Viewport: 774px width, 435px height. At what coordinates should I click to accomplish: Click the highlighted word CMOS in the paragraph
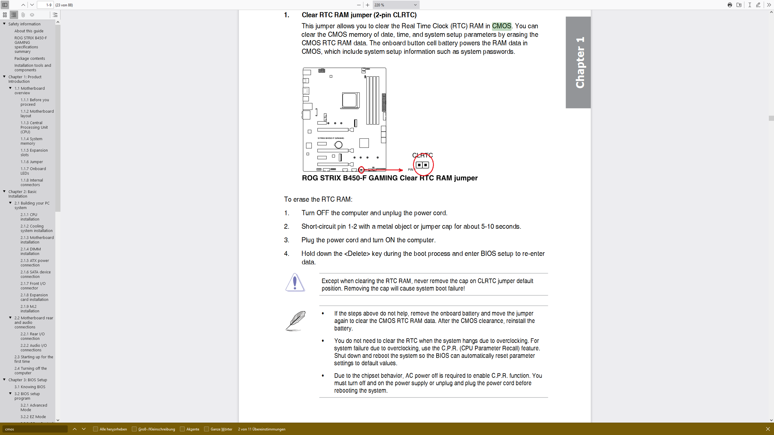pyautogui.click(x=501, y=26)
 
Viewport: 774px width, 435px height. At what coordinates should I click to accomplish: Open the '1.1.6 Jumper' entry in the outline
pyautogui.click(x=32, y=162)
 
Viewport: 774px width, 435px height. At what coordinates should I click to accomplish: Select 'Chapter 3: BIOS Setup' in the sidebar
pyautogui.click(x=28, y=380)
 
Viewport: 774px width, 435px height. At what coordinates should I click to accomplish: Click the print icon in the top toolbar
pyautogui.click(x=730, y=5)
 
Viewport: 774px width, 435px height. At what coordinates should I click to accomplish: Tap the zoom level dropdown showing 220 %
pyautogui.click(x=395, y=5)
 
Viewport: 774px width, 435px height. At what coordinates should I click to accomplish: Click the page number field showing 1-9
pyautogui.click(x=45, y=5)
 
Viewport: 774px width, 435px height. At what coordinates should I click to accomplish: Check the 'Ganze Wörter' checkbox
pyautogui.click(x=207, y=429)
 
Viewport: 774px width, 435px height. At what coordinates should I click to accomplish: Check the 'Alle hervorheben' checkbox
pyautogui.click(x=96, y=429)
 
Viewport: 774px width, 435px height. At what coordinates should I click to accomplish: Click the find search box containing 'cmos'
pyautogui.click(x=35, y=429)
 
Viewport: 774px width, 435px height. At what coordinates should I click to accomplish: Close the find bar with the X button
pyautogui.click(x=768, y=429)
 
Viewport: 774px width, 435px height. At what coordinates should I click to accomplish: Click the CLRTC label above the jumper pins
pyautogui.click(x=422, y=155)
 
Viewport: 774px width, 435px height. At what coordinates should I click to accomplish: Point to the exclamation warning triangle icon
pyautogui.click(x=295, y=283)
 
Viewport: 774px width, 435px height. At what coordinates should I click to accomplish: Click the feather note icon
pyautogui.click(x=295, y=321)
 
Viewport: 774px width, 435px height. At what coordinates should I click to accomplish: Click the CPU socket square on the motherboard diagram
pyautogui.click(x=350, y=100)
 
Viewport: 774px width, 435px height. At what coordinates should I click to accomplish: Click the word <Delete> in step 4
pyautogui.click(x=357, y=254)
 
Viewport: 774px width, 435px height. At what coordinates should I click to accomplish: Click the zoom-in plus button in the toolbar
pyautogui.click(x=367, y=5)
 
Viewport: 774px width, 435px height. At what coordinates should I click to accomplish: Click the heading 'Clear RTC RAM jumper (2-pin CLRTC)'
pyautogui.click(x=359, y=15)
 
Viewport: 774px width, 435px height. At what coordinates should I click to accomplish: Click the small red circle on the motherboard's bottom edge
pyautogui.click(x=361, y=170)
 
